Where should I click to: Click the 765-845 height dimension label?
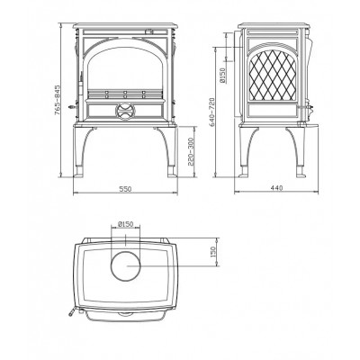(58, 100)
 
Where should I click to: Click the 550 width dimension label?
(125, 189)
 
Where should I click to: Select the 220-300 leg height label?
(192, 152)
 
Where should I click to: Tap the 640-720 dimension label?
(211, 112)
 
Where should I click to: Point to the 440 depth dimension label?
(276, 188)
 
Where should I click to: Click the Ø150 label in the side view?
(222, 75)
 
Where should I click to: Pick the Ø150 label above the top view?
(125, 224)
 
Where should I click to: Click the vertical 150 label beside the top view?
(213, 252)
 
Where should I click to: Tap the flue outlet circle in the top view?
(125, 266)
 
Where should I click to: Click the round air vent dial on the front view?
(125, 112)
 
